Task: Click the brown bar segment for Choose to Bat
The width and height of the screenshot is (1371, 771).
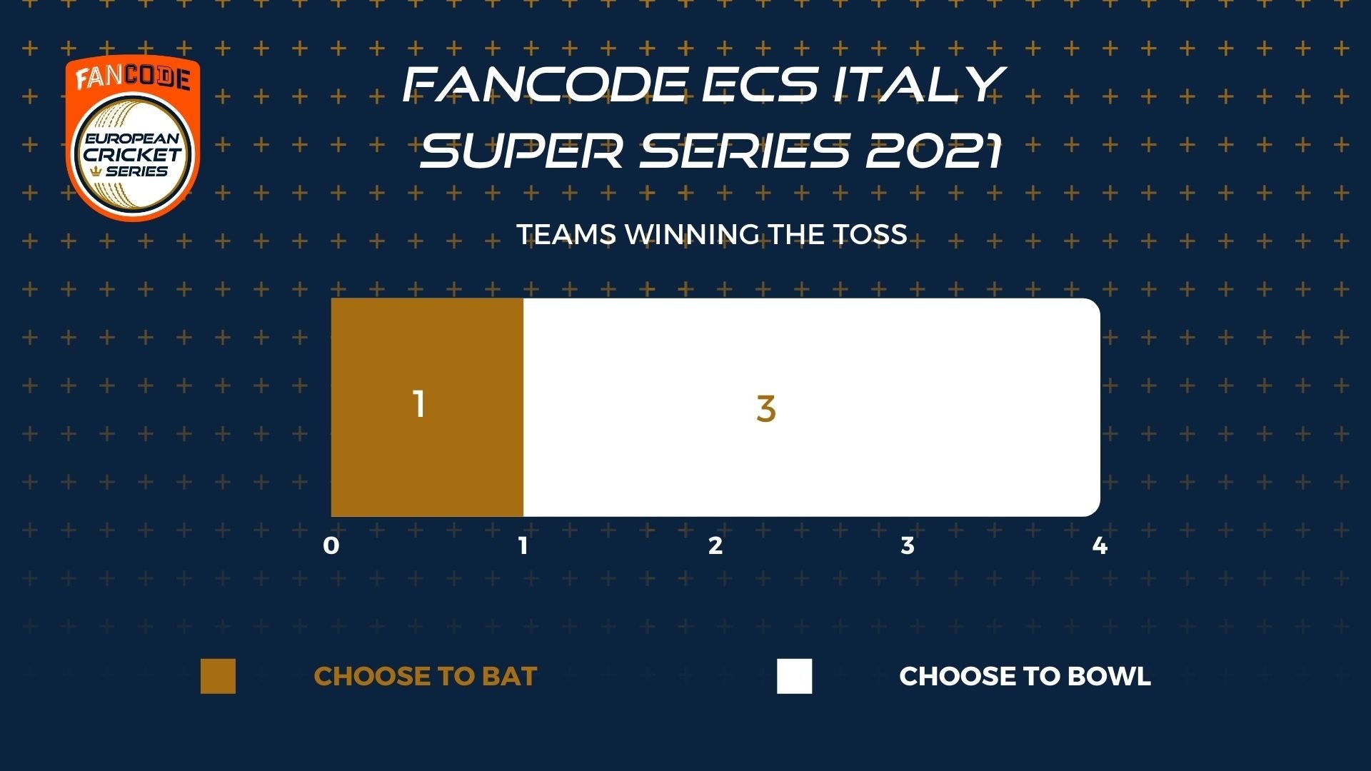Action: point(427,407)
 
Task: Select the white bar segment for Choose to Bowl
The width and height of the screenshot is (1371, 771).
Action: point(812,407)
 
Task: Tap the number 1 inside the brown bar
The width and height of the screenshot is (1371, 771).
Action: point(419,404)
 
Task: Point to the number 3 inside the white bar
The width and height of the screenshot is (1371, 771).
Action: point(765,408)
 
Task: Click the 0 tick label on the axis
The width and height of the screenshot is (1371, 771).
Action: point(331,545)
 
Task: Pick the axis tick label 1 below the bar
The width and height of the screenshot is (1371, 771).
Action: point(523,545)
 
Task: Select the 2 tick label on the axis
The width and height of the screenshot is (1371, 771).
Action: point(715,545)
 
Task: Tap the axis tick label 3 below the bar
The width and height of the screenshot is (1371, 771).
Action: point(908,545)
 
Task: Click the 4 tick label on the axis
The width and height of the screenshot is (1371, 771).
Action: point(1100,545)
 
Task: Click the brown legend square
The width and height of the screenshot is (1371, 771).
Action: point(218,676)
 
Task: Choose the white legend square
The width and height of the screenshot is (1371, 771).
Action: point(795,676)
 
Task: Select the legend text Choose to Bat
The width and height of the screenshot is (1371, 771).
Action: point(426,676)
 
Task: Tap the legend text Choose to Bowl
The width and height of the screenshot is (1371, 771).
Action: point(1025,676)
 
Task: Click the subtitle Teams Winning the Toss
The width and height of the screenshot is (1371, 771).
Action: point(712,234)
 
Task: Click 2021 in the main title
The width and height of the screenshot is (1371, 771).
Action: point(934,151)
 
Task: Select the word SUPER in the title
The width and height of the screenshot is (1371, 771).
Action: point(522,151)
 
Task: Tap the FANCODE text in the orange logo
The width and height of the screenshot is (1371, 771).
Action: point(133,78)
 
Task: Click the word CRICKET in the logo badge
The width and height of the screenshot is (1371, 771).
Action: point(133,154)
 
